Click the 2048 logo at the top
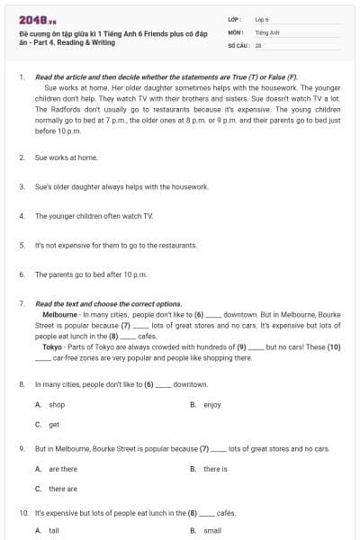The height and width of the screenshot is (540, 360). [33, 19]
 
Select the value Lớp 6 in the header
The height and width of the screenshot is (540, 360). [262, 18]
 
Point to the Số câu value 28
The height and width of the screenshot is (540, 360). [258, 43]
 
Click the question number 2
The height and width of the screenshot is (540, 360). [21, 157]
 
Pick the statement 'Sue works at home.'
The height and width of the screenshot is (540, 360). [66, 157]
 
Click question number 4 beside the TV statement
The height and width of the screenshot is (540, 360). [21, 216]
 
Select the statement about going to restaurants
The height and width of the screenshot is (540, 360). [103, 245]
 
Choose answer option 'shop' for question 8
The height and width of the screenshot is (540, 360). [57, 405]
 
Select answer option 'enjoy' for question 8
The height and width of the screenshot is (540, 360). [211, 405]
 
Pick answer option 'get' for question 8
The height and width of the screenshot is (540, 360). [54, 424]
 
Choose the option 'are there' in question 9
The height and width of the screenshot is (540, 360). [63, 469]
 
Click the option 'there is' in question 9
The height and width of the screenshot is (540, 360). [215, 469]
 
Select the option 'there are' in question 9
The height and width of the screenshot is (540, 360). [63, 489]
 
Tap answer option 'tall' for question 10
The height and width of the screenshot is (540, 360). [54, 531]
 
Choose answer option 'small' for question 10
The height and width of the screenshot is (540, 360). [212, 531]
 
